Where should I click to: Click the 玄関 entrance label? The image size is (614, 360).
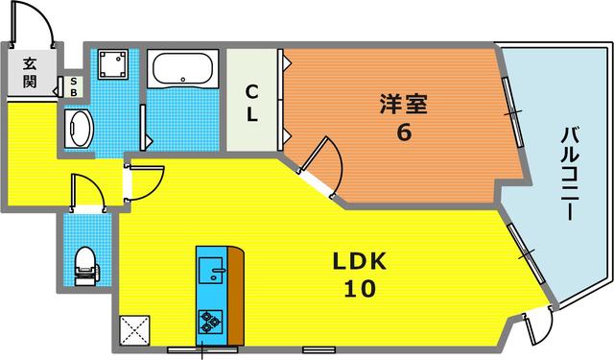click(30, 73)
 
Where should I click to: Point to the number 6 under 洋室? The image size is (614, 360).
click(404, 132)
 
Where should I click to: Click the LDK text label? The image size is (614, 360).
click(360, 261)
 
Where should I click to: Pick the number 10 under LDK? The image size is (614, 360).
click(360, 287)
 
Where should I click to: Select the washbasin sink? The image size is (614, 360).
click(77, 127)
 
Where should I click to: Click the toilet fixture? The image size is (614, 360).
click(85, 260)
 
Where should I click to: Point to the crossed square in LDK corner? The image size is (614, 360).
click(133, 329)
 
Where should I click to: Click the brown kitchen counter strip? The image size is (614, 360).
click(234, 293)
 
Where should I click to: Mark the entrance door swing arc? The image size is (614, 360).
click(34, 21)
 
